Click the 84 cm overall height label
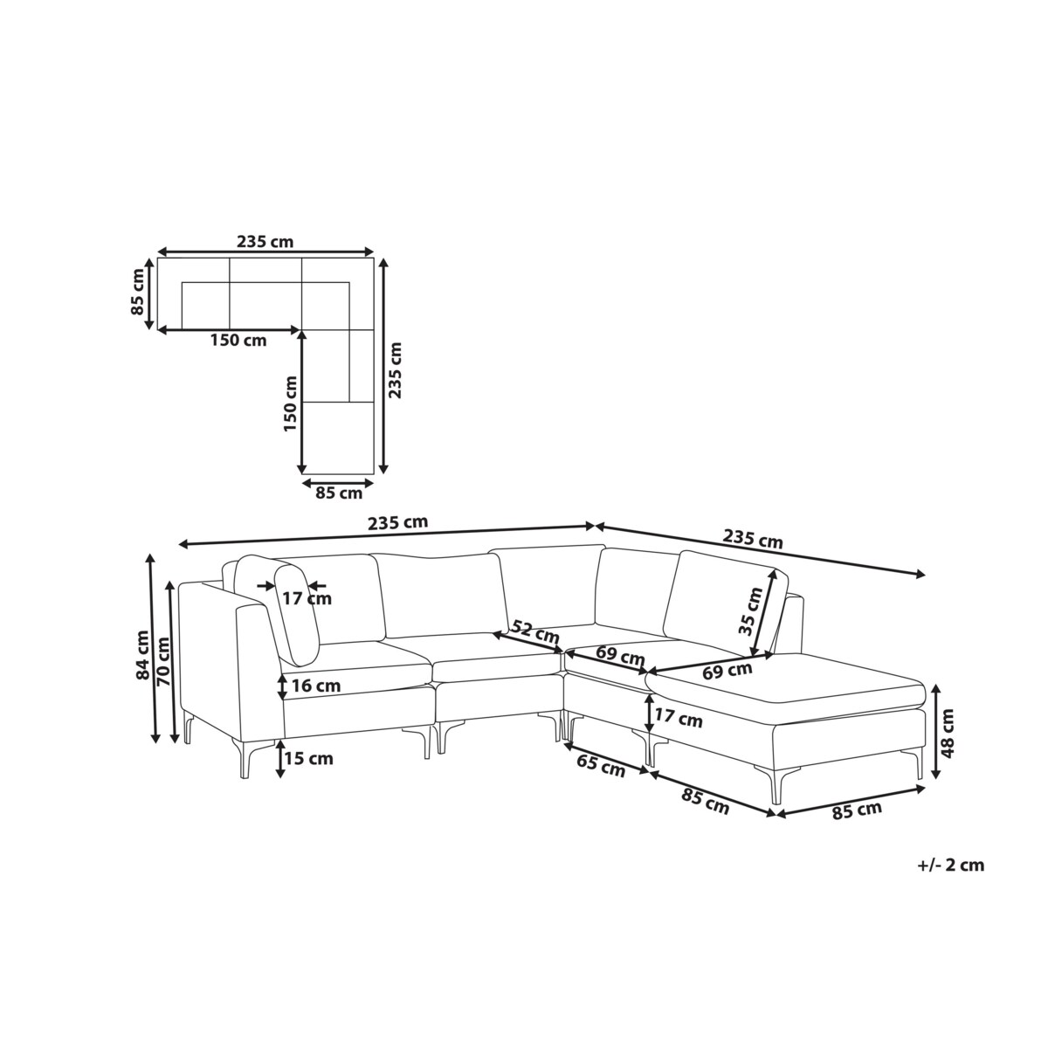(x=143, y=654)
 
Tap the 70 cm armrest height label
(x=163, y=660)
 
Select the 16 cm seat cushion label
(x=316, y=686)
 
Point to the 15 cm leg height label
(x=309, y=758)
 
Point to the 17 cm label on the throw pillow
(x=307, y=599)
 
